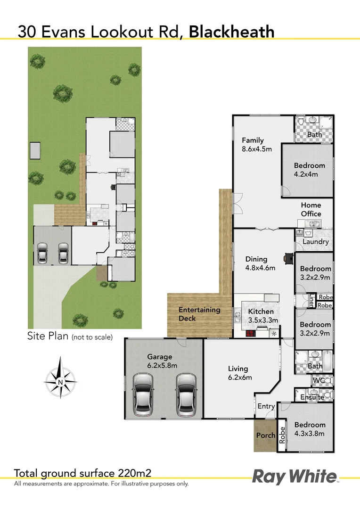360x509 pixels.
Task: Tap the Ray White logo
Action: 295,476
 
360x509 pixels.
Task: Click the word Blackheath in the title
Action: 231,32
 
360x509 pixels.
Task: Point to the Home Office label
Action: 311,209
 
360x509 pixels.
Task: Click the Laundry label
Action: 315,242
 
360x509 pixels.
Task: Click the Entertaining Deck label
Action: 193,314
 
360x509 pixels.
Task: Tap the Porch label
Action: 265,435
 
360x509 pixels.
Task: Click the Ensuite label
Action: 312,397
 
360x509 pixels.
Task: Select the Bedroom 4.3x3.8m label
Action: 310,429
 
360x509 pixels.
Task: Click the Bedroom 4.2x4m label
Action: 310,170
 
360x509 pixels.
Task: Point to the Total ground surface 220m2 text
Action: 82,473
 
